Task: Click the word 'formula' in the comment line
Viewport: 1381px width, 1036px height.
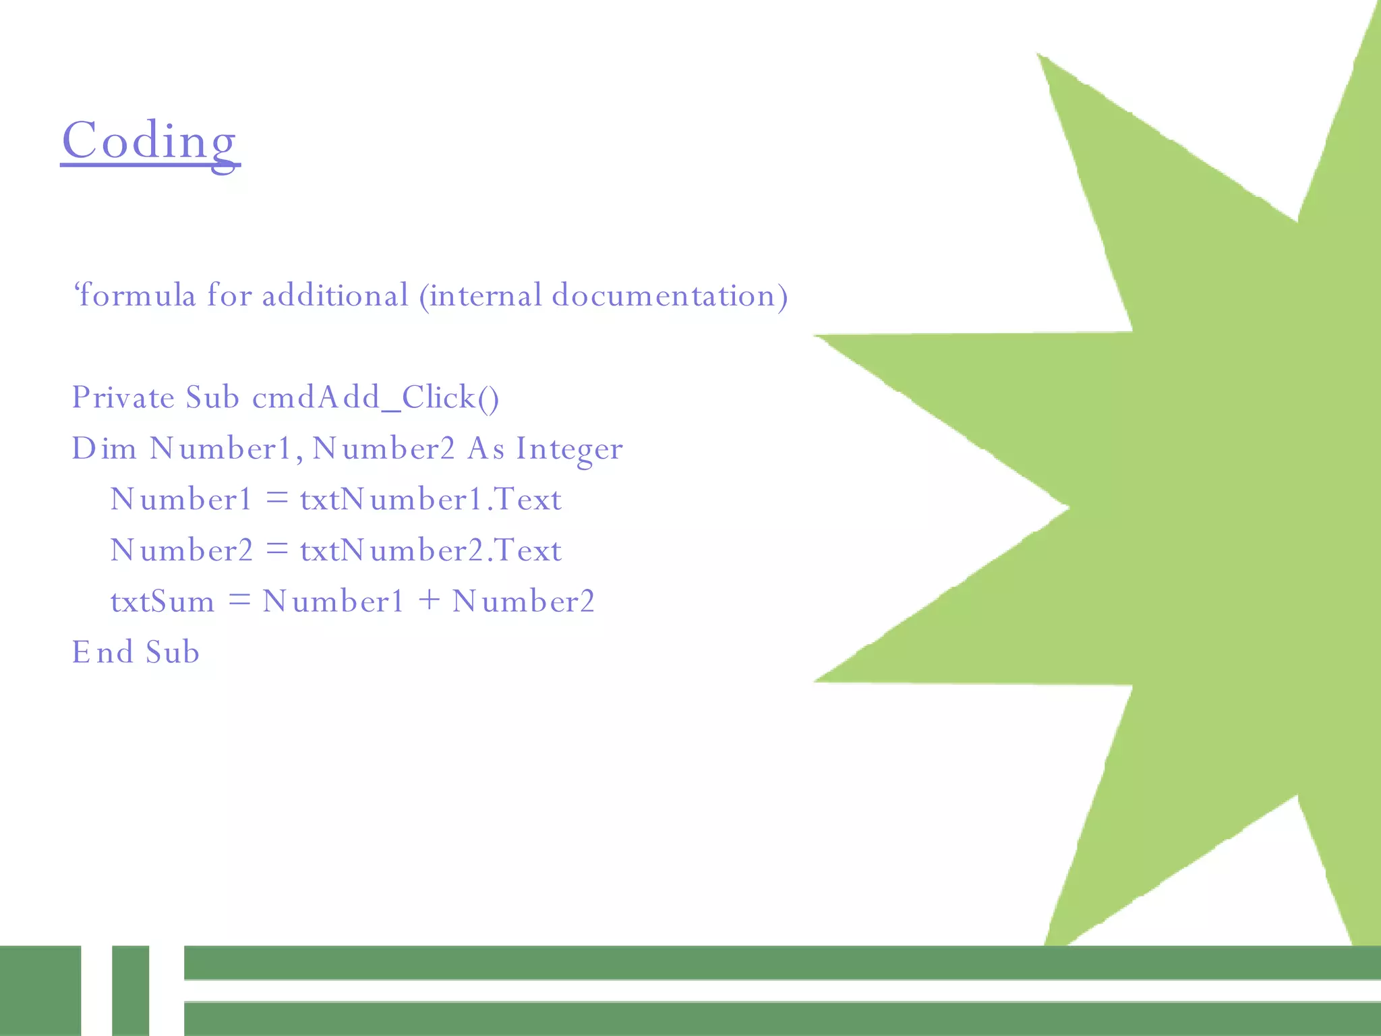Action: tap(136, 295)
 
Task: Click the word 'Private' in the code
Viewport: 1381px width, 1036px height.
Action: tap(123, 397)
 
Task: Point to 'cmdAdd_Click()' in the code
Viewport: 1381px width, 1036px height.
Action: tap(376, 397)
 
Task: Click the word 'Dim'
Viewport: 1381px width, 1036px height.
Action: tap(104, 449)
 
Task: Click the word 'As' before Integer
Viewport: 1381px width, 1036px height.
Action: tap(486, 449)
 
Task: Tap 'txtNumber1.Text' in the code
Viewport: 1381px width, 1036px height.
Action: tap(430, 500)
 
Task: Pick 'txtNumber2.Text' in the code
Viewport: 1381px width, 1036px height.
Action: tap(430, 550)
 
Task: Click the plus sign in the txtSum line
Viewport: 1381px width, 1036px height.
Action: tap(429, 600)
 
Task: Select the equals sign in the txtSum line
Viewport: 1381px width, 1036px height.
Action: tap(239, 600)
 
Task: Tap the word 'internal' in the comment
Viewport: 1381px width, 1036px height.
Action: tap(486, 295)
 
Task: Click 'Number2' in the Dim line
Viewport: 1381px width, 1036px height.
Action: tap(384, 449)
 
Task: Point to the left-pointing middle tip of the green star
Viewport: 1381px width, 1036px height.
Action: tap(1065, 507)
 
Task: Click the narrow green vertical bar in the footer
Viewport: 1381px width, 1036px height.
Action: tap(130, 990)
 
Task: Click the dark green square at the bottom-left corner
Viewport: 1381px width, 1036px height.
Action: tap(40, 990)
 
